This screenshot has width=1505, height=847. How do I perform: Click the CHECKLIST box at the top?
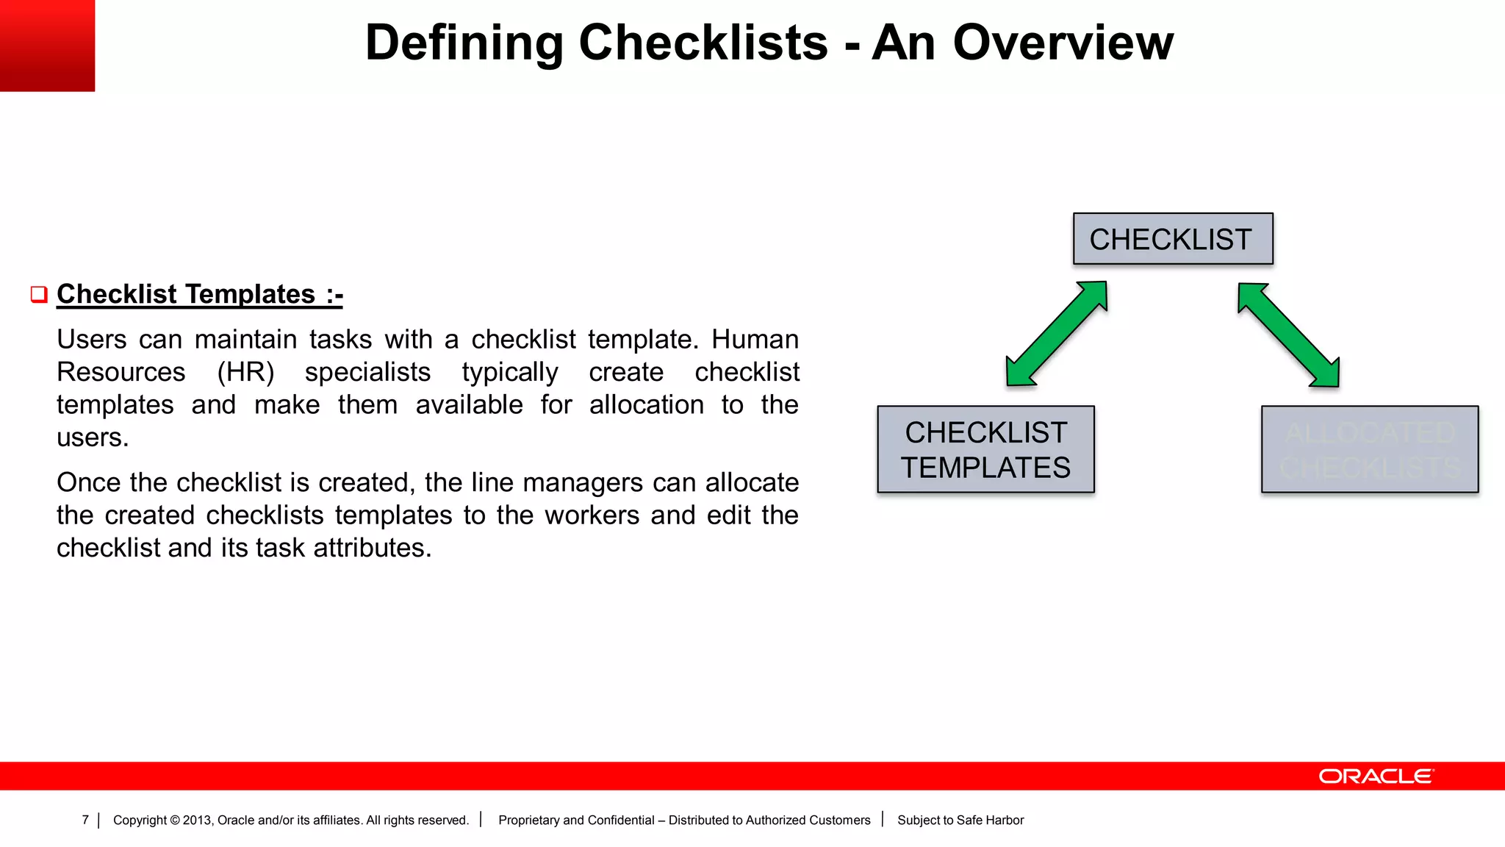coord(1173,239)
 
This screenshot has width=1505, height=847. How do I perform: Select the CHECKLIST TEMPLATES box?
coord(985,449)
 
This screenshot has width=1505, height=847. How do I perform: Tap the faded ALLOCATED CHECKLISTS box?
coord(1369,449)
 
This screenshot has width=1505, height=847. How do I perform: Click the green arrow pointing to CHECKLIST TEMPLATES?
coord(1056,334)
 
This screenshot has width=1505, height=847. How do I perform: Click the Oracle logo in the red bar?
coord(1376,776)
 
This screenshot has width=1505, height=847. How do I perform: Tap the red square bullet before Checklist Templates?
coord(39,295)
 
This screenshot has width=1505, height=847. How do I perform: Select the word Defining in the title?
coord(464,43)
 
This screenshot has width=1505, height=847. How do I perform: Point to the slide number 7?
coord(85,820)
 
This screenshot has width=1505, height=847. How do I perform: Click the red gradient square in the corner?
coord(47,46)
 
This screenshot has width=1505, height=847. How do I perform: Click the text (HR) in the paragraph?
coord(245,372)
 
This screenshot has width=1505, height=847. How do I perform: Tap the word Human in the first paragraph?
coord(755,340)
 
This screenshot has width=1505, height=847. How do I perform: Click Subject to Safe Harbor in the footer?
coord(960,820)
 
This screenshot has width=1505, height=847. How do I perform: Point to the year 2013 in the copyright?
coord(196,820)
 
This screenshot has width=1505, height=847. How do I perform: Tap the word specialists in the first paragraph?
coord(367,372)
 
